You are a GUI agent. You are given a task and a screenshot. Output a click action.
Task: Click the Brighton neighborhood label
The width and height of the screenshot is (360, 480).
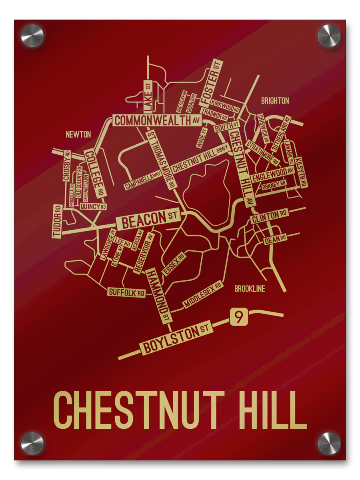(275, 101)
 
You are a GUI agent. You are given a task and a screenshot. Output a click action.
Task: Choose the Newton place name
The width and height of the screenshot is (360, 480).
(78, 135)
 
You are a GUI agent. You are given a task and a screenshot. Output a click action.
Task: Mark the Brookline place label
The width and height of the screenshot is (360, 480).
(250, 289)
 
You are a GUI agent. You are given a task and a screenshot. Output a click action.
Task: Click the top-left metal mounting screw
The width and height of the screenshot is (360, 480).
(32, 36)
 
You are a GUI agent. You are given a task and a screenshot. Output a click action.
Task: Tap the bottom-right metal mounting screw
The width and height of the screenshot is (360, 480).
(329, 443)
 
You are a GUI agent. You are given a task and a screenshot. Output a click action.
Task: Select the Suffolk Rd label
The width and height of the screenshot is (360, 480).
(126, 293)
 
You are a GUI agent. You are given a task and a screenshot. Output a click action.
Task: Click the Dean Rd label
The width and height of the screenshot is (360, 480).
(275, 239)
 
